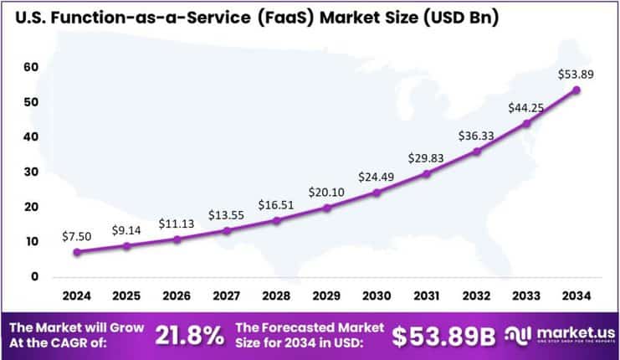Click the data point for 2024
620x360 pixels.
coord(77,251)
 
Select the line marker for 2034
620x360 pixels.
coord(576,90)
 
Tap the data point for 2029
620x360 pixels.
coord(326,208)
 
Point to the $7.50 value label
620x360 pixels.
coord(77,237)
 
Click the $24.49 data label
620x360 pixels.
coord(377,177)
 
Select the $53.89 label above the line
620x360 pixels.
coord(576,75)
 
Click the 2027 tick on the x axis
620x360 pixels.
coord(227,295)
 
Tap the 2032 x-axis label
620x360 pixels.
coord(476,295)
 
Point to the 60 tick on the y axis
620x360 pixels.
coord(31,67)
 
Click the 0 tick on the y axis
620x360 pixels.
coord(34,276)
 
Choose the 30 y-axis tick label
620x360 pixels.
coord(31,172)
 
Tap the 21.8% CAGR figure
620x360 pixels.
coord(190,336)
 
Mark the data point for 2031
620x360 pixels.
coord(426,173)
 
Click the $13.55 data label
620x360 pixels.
coord(227,215)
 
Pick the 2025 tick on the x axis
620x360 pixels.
coord(126,295)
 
